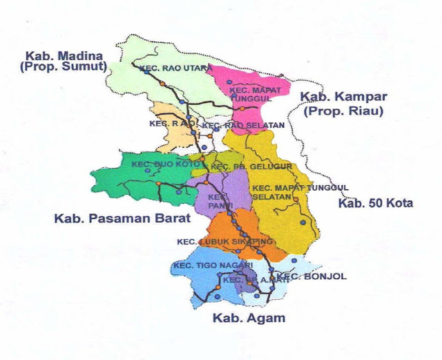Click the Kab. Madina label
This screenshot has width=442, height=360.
click(64, 56)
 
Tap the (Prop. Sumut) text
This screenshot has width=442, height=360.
click(64, 67)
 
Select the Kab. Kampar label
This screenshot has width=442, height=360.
click(344, 97)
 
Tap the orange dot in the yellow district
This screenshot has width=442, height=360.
click(296, 200)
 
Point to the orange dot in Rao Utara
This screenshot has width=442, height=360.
click(163, 83)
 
